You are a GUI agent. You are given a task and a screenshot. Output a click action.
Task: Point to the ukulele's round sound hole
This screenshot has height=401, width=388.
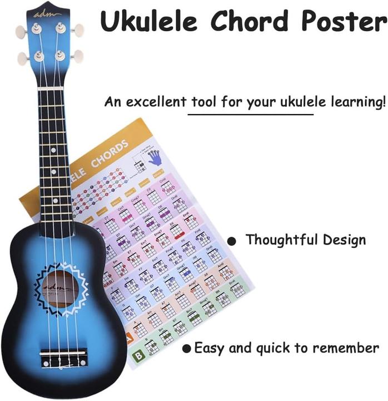coord(61,288)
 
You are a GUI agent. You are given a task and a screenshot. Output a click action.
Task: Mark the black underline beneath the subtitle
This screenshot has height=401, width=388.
coord(250,115)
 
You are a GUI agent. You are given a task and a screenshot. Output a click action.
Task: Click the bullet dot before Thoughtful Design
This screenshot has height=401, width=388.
coord(232,241)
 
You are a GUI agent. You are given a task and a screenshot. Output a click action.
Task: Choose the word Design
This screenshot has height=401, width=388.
coord(345,241)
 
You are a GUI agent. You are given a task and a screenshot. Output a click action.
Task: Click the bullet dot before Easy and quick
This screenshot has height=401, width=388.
coord(188,349)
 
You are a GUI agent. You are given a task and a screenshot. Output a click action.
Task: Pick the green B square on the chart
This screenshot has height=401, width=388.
coord(135,355)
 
